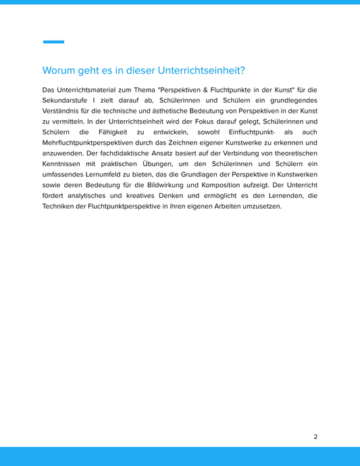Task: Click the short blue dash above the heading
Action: pyautogui.click(x=53, y=42)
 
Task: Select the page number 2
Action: pyautogui.click(x=315, y=436)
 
